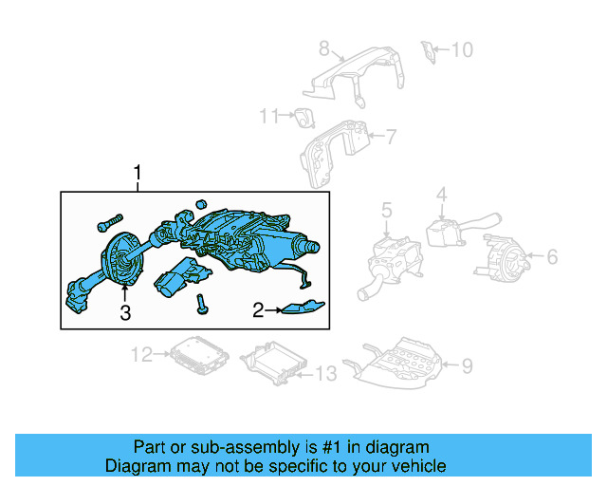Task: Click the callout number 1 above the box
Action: point(138,173)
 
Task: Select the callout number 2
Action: point(257,309)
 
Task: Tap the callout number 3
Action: point(124,313)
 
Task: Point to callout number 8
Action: point(323,47)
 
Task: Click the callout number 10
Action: point(461,48)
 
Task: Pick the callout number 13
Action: point(324,374)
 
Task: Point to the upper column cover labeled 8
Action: point(356,76)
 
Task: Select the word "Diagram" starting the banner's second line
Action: point(137,466)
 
